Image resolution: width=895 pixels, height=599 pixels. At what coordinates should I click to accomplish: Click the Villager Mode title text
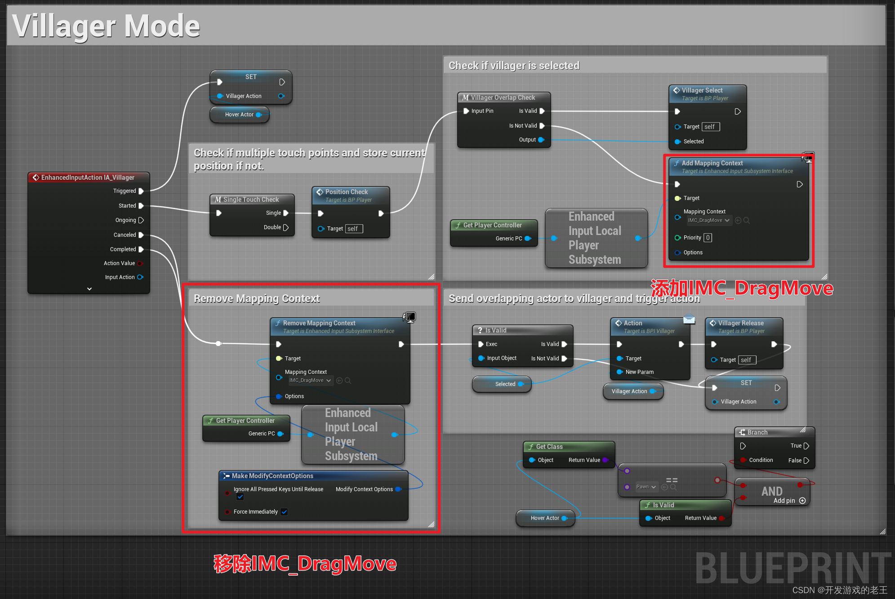[x=106, y=26]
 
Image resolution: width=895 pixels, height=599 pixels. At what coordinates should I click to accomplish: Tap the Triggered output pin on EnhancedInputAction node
[x=141, y=191]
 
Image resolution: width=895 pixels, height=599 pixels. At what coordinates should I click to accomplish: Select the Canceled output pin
[x=141, y=235]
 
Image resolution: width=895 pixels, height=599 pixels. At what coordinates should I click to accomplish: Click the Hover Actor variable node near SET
[x=239, y=115]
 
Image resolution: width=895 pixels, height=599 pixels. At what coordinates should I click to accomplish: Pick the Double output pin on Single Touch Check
[x=286, y=227]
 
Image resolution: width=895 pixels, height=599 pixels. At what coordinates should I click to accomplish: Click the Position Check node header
[x=346, y=192]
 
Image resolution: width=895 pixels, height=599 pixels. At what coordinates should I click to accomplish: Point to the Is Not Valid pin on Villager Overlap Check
[x=542, y=126]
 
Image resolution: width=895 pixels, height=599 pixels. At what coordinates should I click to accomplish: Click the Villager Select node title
[x=702, y=90]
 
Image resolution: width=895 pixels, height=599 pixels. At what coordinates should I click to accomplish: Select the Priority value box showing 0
[x=708, y=238]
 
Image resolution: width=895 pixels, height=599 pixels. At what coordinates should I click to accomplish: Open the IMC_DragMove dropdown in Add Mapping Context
[x=708, y=221]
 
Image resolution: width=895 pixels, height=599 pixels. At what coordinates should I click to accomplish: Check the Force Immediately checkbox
[x=284, y=512]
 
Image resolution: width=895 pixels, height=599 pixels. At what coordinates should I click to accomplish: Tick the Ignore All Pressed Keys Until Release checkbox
[x=240, y=497]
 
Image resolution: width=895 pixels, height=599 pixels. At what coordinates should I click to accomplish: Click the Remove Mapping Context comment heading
[x=257, y=299]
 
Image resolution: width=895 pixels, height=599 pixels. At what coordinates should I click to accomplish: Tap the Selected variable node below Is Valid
[x=505, y=384]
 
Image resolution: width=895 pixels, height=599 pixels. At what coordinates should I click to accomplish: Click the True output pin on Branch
[x=806, y=446]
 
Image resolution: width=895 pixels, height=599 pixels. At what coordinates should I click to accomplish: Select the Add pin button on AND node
[x=802, y=501]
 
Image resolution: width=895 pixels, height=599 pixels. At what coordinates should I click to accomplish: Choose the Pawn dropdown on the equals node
[x=646, y=487]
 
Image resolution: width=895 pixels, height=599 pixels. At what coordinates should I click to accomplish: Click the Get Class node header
[x=549, y=447]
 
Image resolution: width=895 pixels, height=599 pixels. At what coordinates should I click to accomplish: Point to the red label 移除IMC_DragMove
[x=305, y=564]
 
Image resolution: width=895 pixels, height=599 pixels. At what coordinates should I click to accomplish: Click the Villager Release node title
[x=740, y=323]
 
